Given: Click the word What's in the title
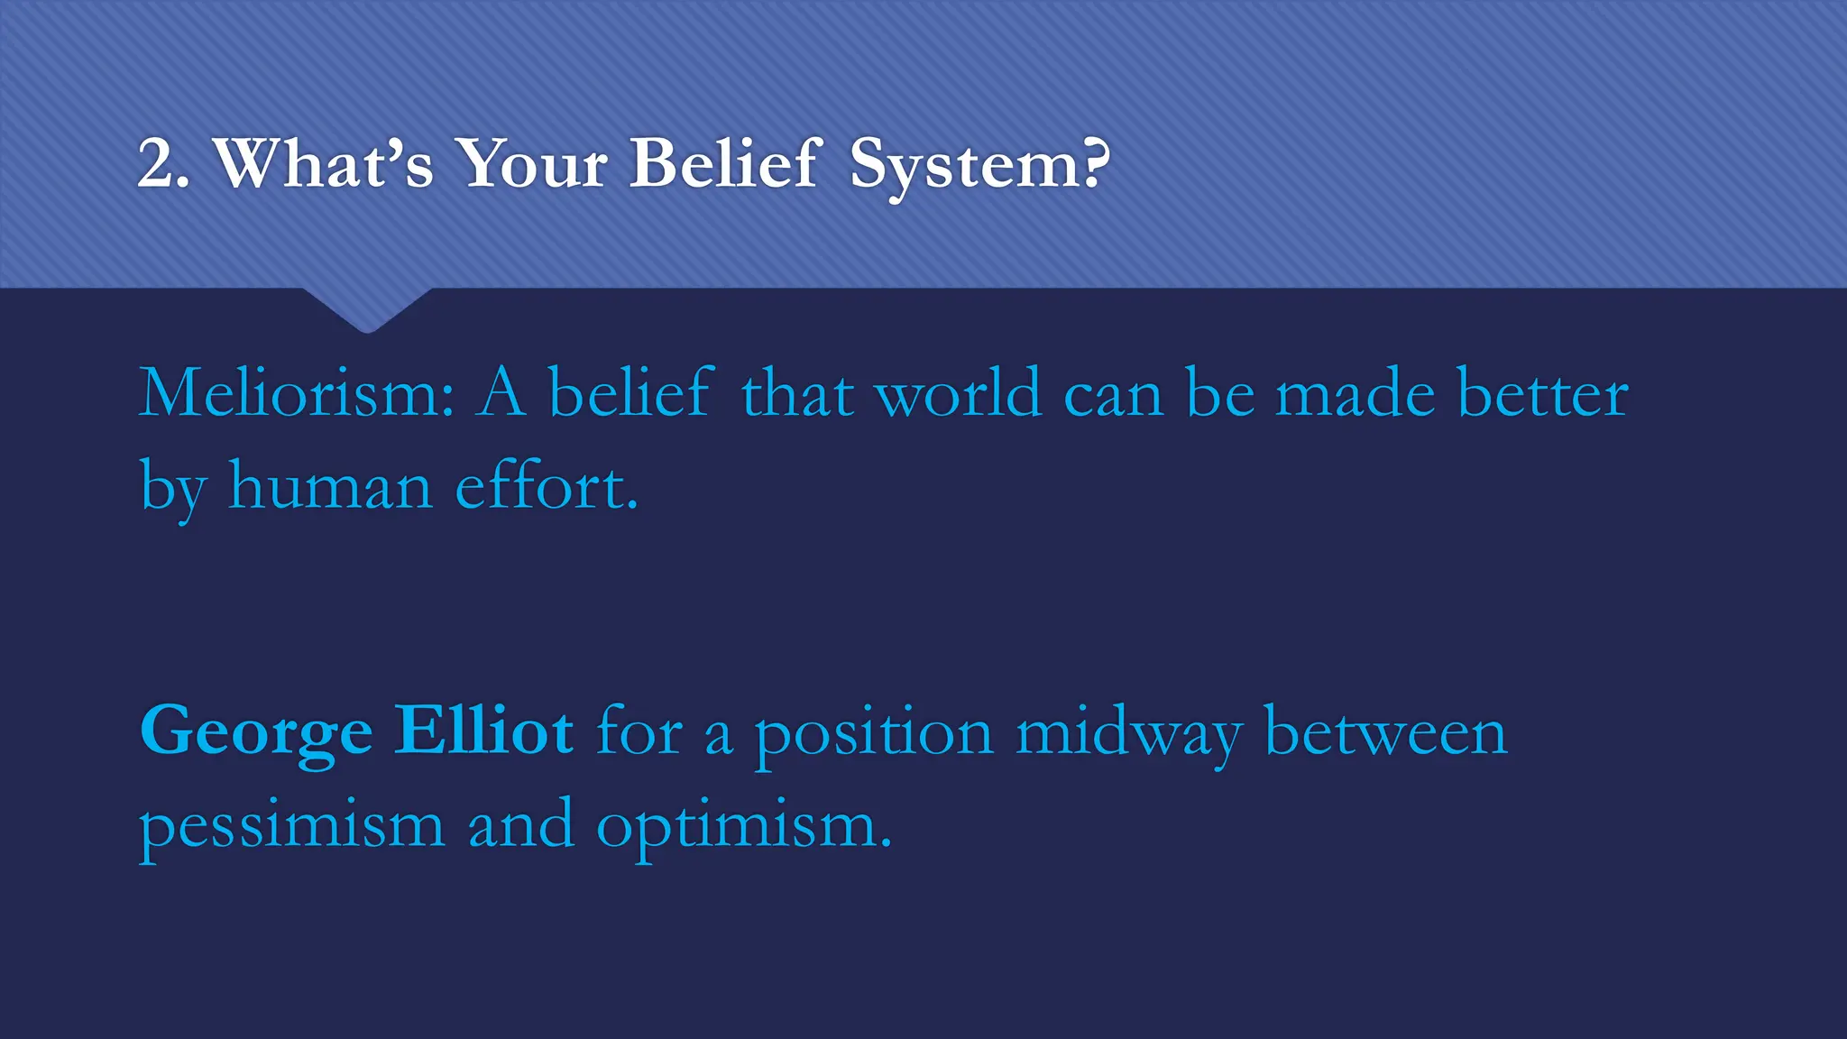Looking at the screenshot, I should click(323, 164).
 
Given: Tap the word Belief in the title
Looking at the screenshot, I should click(725, 164).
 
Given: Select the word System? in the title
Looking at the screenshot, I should click(979, 166).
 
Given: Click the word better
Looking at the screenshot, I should click(1542, 394).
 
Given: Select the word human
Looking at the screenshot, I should click(330, 487).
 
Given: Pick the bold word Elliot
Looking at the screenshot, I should click(483, 731).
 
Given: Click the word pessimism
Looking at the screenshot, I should click(292, 826).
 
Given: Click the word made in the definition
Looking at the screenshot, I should click(1355, 394).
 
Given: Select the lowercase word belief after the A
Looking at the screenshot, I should click(630, 394).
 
